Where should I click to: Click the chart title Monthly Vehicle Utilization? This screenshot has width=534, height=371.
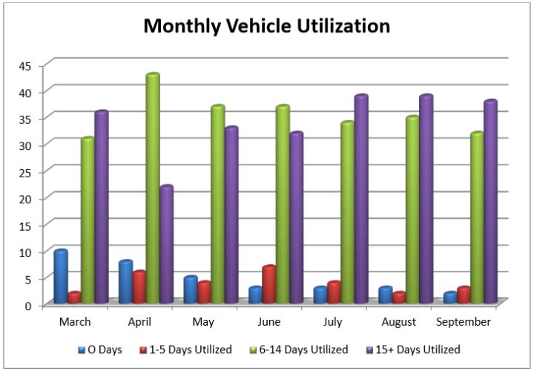pos(266,27)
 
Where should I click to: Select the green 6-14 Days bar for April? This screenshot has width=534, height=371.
pos(153,189)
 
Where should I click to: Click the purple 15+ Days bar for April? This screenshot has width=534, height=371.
pos(167,244)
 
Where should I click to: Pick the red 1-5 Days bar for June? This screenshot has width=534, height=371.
pos(269,284)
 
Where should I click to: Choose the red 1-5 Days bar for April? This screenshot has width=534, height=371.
pos(139,287)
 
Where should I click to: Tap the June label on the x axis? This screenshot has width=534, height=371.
pos(268,322)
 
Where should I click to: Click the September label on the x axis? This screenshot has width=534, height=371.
pos(464,322)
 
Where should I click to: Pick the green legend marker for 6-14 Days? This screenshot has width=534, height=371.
pos(256,349)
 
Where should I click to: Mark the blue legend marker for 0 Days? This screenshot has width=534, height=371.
pos(82,349)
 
